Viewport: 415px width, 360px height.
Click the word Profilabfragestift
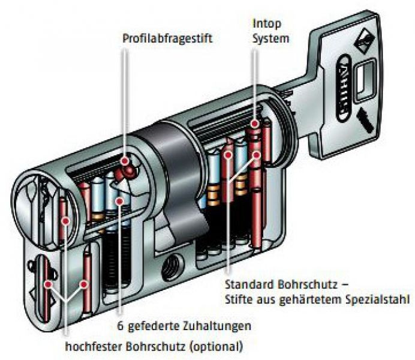(x=167, y=38)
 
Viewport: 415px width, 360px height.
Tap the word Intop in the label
(x=267, y=24)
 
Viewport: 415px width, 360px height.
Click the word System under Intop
(x=270, y=38)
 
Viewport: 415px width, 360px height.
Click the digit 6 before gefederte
(x=121, y=326)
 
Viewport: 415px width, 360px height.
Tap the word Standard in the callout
(x=249, y=285)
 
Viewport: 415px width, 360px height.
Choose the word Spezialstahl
(x=378, y=300)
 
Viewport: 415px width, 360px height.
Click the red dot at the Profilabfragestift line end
(x=125, y=161)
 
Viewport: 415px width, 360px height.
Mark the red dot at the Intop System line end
(x=255, y=124)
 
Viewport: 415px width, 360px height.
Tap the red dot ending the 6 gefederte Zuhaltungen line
(x=119, y=202)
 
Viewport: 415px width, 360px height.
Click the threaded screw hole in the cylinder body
(x=172, y=267)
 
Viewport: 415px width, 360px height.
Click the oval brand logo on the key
(x=344, y=89)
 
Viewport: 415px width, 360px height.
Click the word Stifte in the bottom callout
(x=239, y=300)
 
